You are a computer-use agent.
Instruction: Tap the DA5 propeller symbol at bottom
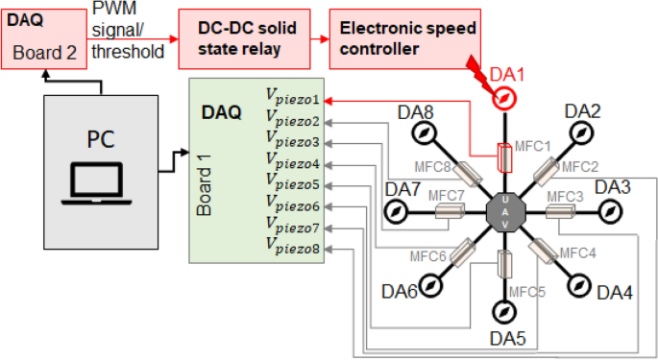click(x=502, y=312)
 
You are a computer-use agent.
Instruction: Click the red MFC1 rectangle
click(x=502, y=155)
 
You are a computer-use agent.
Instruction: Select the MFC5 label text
click(x=527, y=291)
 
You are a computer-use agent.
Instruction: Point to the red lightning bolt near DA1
click(x=479, y=76)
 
